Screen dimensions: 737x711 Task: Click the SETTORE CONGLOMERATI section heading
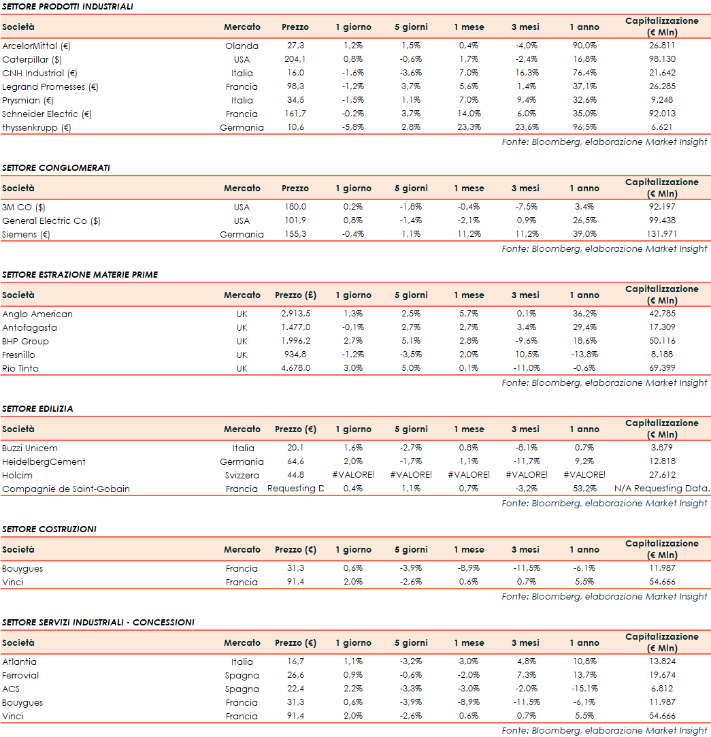(56, 167)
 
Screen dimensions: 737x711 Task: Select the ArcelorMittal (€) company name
(37, 46)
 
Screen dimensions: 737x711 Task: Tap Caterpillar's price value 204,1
(295, 59)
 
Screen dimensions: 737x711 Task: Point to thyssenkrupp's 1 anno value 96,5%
(584, 127)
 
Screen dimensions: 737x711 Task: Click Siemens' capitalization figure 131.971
(661, 234)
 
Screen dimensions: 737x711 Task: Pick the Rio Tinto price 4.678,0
(295, 368)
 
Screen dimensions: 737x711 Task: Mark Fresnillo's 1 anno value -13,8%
(584, 355)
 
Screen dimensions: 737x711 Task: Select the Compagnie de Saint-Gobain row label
(66, 489)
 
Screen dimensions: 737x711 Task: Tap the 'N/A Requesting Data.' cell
(661, 489)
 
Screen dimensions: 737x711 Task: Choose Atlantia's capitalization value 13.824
(661, 661)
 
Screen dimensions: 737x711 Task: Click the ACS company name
(11, 689)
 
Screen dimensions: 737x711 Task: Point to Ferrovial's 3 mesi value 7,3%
(526, 675)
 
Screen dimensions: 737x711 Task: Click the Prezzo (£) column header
(295, 295)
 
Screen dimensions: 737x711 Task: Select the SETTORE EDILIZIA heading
(37, 408)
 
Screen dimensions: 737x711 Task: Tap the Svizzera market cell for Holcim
(242, 475)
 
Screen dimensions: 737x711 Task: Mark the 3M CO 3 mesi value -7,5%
(526, 207)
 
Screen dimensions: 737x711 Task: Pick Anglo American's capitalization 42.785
(661, 314)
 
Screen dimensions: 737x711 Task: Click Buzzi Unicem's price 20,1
(295, 448)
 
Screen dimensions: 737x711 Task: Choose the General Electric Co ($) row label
(51, 220)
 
